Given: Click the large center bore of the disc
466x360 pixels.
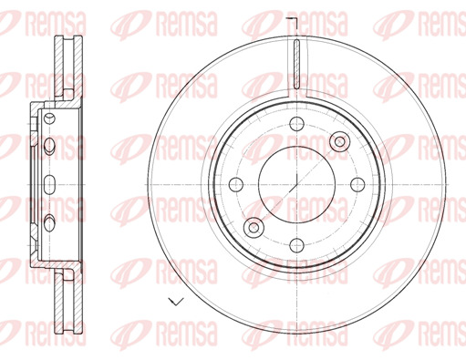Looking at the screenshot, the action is [296, 184].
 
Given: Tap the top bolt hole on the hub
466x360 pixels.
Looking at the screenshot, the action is [296, 124].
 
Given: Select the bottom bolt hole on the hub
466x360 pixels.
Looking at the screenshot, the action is [296, 245].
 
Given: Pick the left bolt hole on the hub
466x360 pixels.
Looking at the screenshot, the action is [236, 184].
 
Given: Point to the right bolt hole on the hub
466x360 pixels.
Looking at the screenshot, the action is [357, 184].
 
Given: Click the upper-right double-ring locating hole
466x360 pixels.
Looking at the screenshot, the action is [340, 141].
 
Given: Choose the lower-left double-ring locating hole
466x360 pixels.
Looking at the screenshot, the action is [254, 227].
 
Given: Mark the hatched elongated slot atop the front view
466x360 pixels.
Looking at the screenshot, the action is [296, 64].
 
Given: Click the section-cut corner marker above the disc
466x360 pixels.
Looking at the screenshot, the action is [293, 24].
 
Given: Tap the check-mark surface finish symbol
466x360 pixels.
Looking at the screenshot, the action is [176, 302].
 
